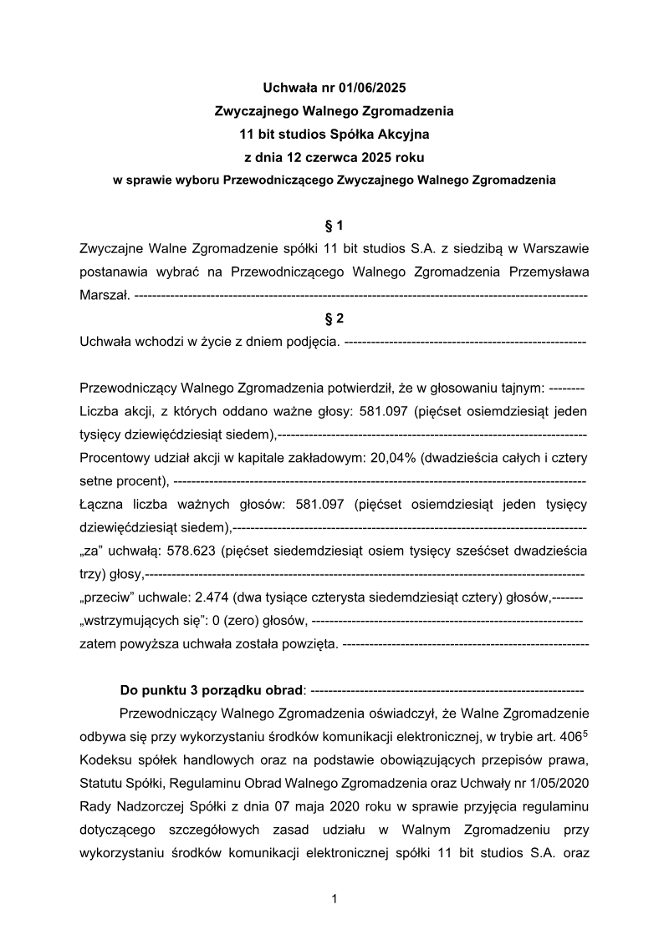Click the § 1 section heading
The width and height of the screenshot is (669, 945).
[334, 226]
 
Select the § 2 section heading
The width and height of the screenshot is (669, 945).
[334, 318]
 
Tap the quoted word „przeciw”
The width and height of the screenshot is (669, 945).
[104, 598]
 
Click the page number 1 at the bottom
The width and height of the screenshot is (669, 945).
[334, 900]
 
